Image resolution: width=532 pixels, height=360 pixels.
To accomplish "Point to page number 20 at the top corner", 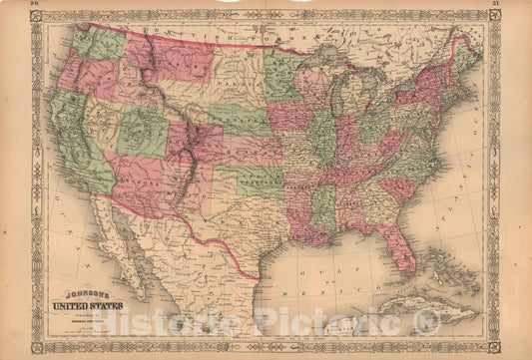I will click(x=36, y=5).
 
